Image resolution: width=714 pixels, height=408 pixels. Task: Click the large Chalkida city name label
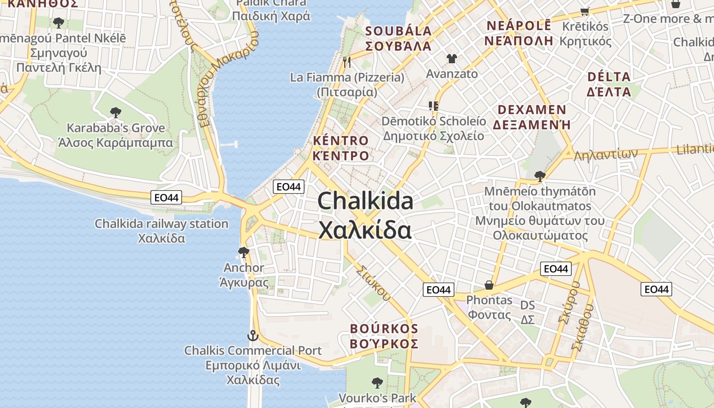pos(365,215)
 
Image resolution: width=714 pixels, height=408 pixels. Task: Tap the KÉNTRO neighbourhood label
pos(341,148)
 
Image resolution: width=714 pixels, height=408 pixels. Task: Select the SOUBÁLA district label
pos(398,38)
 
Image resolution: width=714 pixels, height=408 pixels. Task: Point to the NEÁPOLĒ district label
pos(519,33)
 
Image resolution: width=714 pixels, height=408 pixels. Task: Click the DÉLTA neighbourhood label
pos(609,84)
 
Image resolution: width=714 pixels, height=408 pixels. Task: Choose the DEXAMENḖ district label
pos(531,117)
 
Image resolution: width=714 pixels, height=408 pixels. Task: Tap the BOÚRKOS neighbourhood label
pos(384,336)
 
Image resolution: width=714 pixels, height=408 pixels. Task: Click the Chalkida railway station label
pos(162,231)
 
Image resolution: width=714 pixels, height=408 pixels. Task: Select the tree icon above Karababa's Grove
pos(116,112)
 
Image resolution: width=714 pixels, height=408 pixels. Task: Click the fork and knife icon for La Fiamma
pos(347,62)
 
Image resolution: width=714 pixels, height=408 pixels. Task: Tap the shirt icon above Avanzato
pos(452,59)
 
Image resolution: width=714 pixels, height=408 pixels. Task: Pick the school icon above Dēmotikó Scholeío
pos(433,106)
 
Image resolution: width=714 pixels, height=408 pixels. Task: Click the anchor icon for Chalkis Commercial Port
pos(253,336)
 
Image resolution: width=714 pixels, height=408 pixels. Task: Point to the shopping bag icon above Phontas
pos(489,285)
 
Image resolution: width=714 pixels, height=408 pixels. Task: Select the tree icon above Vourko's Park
pos(377,382)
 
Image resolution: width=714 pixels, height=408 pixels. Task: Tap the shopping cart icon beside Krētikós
pos(585,11)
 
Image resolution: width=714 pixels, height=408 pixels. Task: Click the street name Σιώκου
pos(373,283)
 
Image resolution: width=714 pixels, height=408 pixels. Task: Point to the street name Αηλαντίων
pos(606,154)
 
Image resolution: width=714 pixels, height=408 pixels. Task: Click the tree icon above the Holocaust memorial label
pos(540,176)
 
